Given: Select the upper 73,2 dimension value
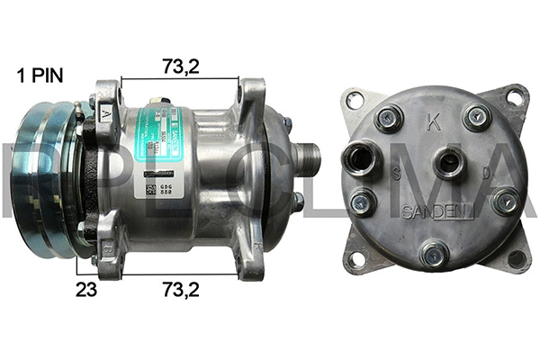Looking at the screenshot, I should pos(180,66).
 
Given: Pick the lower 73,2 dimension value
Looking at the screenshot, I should pos(180,290).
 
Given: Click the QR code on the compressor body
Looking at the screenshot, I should pos(150,190).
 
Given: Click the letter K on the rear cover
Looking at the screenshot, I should pos(434,124).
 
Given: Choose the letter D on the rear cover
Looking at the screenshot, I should pos(485,171).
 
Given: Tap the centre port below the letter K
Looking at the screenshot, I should pos(445,163).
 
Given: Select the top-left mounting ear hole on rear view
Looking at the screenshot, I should pos(355,99).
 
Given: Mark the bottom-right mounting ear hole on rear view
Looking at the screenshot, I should pos(516,258).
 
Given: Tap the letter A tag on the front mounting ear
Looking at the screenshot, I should pos(106,114).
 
